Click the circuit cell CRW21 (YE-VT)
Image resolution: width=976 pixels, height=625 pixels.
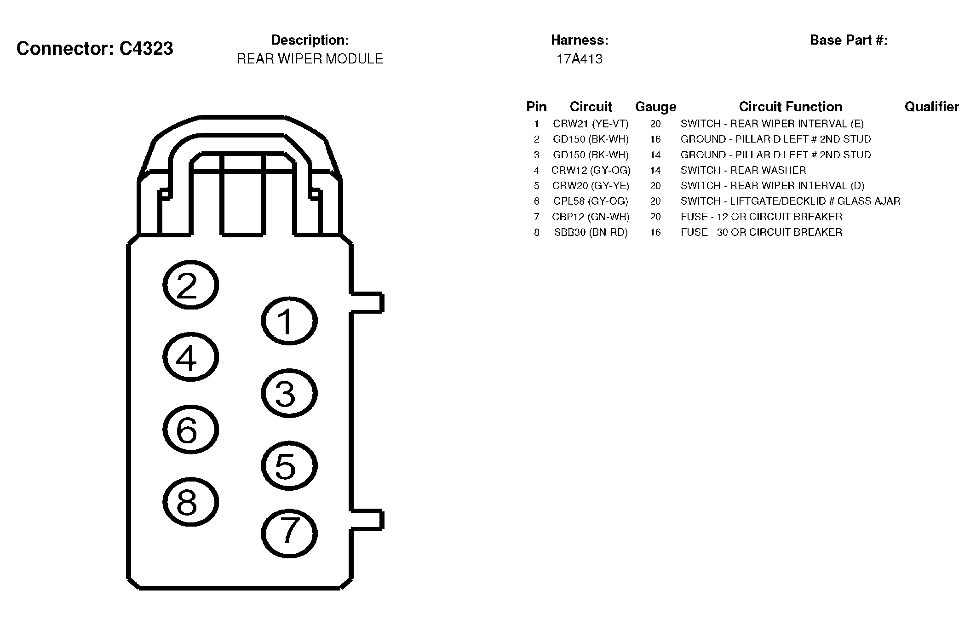pyautogui.click(x=591, y=124)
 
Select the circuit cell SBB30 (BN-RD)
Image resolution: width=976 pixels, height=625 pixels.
pyautogui.click(x=591, y=232)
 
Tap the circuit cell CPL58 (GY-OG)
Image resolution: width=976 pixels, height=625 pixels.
pyautogui.click(x=591, y=201)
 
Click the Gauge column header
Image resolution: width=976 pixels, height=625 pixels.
pyautogui.click(x=655, y=107)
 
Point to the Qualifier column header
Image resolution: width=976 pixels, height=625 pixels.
pyautogui.click(x=931, y=107)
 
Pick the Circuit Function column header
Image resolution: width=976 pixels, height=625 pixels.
pyautogui.click(x=790, y=107)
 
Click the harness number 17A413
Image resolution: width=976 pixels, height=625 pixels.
pyautogui.click(x=579, y=59)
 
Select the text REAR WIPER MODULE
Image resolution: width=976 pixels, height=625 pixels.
pyautogui.click(x=310, y=59)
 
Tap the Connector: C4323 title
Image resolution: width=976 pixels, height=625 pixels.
pyautogui.click(x=95, y=48)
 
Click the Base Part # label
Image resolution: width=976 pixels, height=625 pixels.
pyautogui.click(x=849, y=40)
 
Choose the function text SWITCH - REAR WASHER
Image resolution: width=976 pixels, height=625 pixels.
pyautogui.click(x=743, y=170)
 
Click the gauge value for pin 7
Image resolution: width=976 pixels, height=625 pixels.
pyautogui.click(x=655, y=217)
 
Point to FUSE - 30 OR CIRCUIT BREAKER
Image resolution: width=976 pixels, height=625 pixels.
pyautogui.click(x=761, y=232)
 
